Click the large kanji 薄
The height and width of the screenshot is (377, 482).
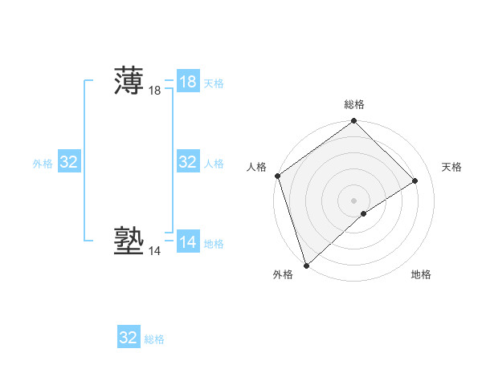click(x=129, y=81)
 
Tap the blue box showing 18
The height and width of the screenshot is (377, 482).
click(x=188, y=82)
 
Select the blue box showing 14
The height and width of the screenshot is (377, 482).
click(x=188, y=242)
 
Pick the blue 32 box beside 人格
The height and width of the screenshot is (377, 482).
click(x=188, y=162)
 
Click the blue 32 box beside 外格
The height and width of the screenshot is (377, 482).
click(x=69, y=162)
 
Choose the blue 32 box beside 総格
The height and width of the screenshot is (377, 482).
click(x=129, y=338)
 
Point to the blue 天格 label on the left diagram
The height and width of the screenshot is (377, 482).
click(x=214, y=83)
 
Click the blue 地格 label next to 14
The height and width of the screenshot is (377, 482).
click(x=214, y=244)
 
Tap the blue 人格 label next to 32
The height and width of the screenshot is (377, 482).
click(x=214, y=164)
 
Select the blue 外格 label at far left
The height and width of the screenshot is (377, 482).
click(x=43, y=164)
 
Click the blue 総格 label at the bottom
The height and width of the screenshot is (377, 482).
click(x=154, y=339)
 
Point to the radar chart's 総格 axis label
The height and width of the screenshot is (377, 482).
click(x=353, y=104)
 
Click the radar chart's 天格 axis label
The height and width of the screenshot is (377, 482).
click(x=451, y=167)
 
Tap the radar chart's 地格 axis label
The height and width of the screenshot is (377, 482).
click(x=421, y=274)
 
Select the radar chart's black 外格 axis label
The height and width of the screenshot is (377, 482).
click(x=283, y=274)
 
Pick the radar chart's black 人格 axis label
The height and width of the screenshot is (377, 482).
click(x=256, y=167)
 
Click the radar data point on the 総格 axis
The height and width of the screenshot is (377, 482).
click(x=353, y=122)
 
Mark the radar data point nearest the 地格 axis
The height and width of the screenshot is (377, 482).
click(x=364, y=213)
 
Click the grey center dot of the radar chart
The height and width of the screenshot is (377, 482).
click(x=353, y=200)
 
